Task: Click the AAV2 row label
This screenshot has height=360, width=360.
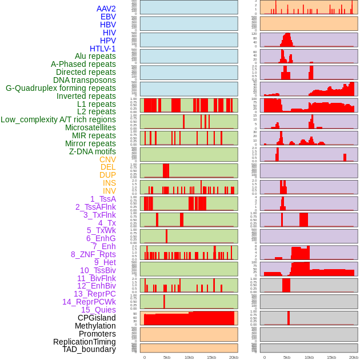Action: [106, 9]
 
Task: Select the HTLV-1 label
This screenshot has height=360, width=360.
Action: [102, 49]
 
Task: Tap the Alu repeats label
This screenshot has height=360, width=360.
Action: [95, 56]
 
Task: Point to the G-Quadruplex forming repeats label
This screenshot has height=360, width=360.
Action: [61, 88]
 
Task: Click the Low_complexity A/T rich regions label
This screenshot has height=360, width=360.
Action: [58, 119]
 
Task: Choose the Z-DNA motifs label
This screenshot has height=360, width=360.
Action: [92, 151]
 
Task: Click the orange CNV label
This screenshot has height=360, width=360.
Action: [107, 159]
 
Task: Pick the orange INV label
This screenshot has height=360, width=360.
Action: [109, 191]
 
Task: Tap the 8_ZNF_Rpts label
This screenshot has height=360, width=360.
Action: [93, 254]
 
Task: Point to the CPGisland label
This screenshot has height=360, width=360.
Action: [97, 318]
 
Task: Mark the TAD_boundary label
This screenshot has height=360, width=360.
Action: [89, 349]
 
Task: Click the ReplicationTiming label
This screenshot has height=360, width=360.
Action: [84, 342]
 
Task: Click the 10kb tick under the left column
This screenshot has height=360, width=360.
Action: [189, 357]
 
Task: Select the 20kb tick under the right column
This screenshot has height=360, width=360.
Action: [354, 357]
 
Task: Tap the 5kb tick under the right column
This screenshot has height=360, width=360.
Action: [287, 357]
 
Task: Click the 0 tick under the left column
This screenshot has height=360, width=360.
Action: [144, 357]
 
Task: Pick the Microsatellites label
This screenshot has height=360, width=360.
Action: [90, 127]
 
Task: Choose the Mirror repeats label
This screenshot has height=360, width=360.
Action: [90, 143]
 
